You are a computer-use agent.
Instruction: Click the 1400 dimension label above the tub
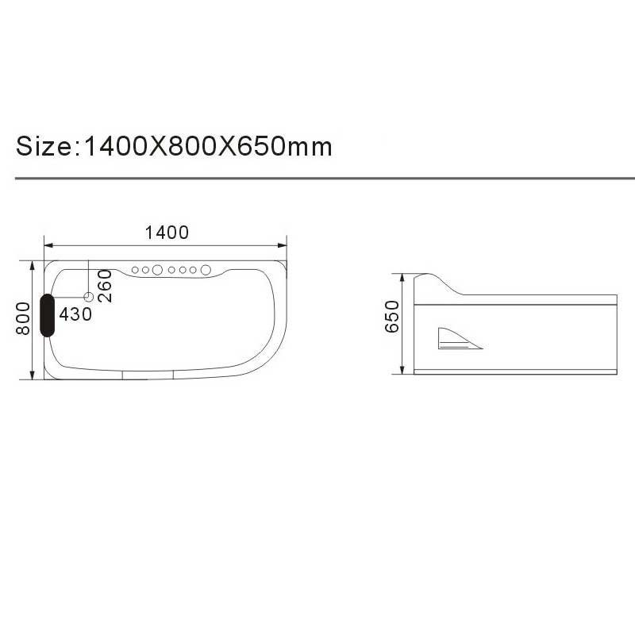167,233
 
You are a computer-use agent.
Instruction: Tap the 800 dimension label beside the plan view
23,319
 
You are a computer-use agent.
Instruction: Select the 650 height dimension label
392,317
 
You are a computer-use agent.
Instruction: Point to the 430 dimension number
75,314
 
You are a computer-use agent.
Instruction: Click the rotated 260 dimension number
105,286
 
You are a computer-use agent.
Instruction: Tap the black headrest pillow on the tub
48,315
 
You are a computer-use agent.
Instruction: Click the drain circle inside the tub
89,297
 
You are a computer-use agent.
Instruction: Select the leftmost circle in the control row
135,270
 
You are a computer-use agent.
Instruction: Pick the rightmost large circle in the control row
206,270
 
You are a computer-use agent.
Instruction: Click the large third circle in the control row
157,270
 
